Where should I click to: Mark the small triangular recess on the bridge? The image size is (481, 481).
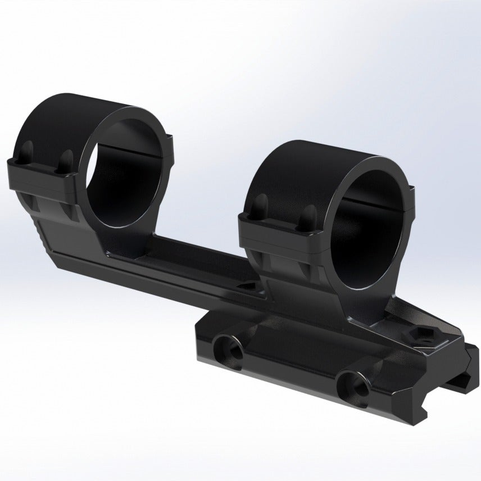(x=246, y=287)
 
